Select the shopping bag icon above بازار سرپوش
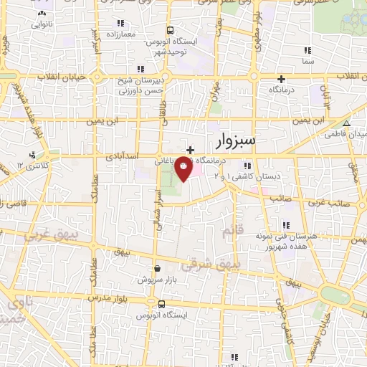(157, 268)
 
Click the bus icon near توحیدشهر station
(170, 31)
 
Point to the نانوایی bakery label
(42, 24)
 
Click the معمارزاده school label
(123, 34)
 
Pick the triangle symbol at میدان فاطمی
(346, 124)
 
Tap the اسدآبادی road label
(123, 154)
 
